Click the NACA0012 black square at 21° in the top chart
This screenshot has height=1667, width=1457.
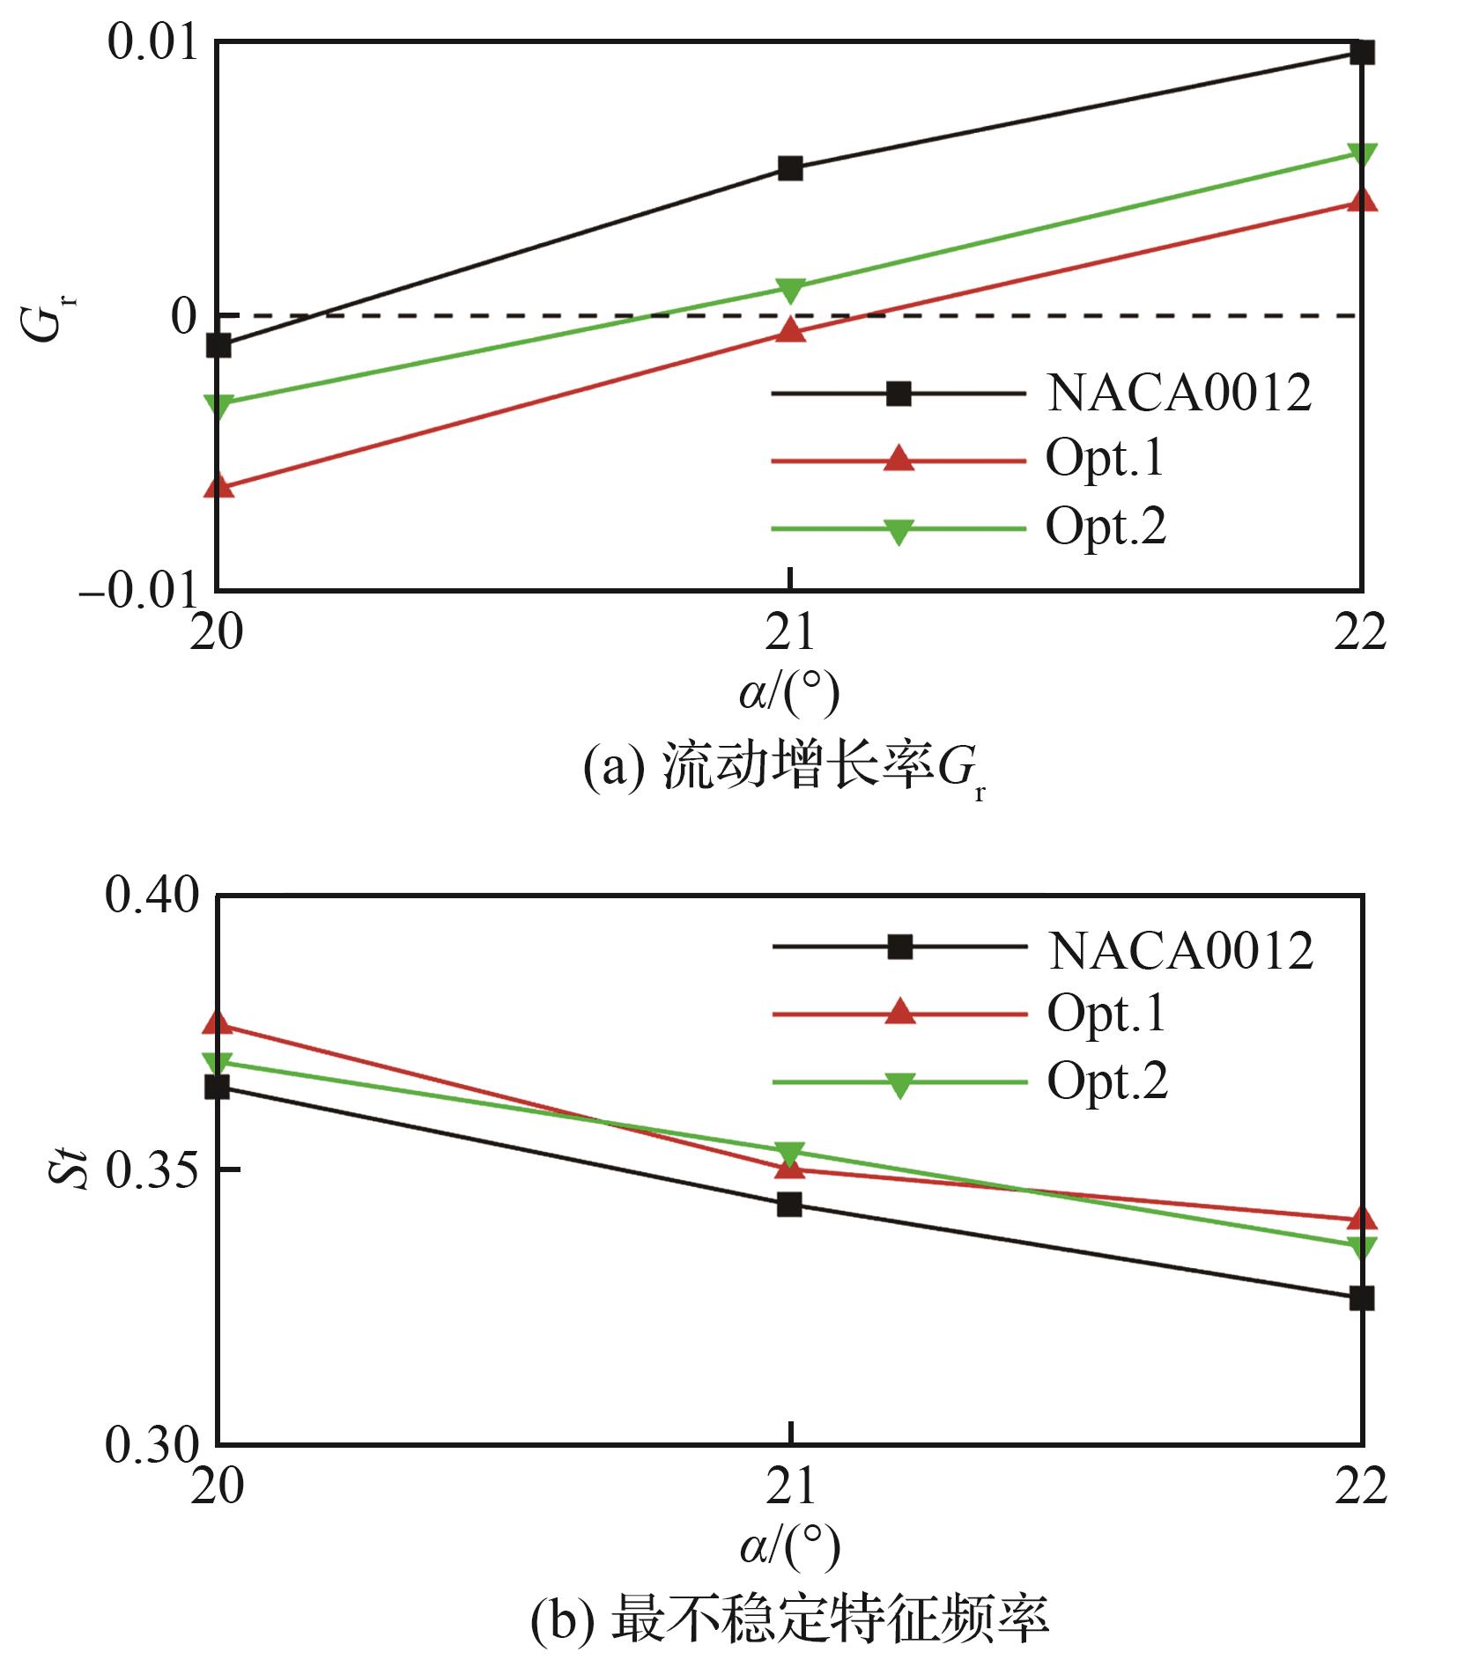tap(790, 168)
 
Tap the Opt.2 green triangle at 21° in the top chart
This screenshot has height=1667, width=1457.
tap(791, 289)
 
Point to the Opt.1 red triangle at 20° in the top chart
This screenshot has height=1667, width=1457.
tap(219, 486)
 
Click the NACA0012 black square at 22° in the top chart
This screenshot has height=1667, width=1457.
tap(1362, 53)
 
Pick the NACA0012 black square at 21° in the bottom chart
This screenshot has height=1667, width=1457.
tap(790, 1204)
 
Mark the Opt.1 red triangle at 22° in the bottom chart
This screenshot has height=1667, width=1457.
tap(1362, 1220)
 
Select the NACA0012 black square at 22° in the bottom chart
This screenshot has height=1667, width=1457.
tap(1362, 1298)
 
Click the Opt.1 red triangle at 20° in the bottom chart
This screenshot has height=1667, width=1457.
tap(218, 1024)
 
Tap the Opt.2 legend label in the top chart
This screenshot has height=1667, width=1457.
tap(1106, 527)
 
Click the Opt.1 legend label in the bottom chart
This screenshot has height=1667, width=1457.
tap(1106, 1014)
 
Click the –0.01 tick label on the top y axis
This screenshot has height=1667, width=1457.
tap(137, 592)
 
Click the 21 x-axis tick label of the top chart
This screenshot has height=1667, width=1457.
tap(790, 632)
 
